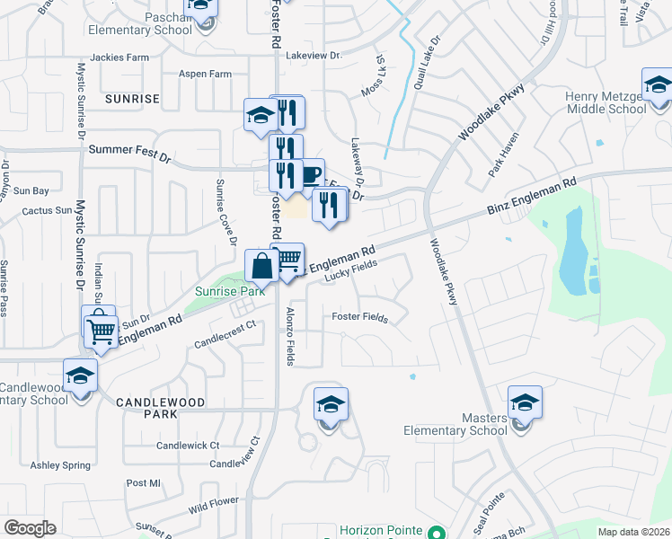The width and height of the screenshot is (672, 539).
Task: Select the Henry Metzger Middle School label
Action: tap(606, 102)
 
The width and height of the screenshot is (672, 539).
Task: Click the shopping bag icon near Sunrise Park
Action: tap(261, 267)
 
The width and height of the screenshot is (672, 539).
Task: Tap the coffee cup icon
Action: tap(310, 173)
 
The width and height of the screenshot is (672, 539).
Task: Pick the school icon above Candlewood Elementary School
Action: tap(80, 375)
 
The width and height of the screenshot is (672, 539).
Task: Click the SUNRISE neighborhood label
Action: tap(131, 98)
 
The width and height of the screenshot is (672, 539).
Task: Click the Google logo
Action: tap(30, 528)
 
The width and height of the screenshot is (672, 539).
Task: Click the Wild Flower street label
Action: tap(214, 506)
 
